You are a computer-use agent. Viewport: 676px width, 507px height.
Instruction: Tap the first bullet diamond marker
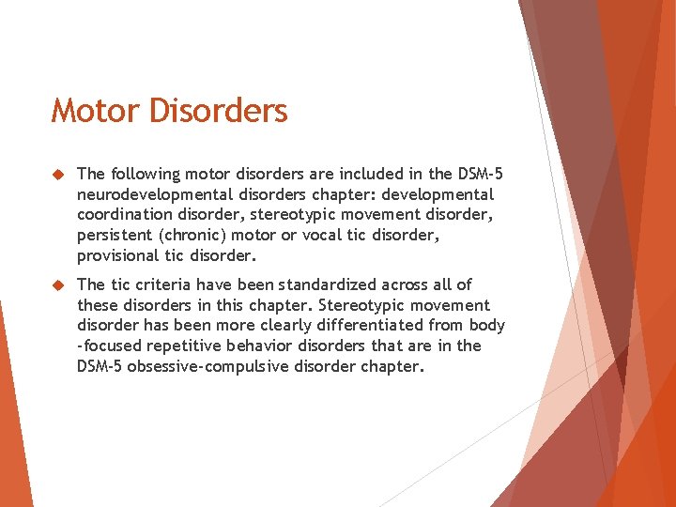57,175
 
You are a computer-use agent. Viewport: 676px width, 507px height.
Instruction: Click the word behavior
263,346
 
